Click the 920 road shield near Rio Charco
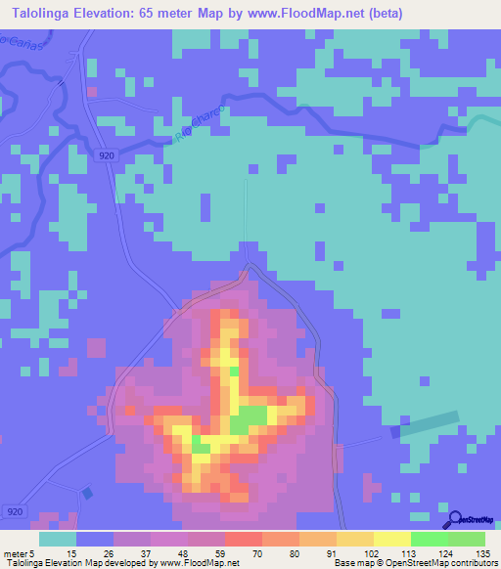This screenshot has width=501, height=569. coord(106,155)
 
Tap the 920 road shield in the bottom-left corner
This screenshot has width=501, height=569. coord(14,511)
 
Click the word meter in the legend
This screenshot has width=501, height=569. coord(14,553)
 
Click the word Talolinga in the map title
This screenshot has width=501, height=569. coord(44,14)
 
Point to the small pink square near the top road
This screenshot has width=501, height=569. coord(92,92)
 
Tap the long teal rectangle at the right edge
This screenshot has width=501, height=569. coord(426,424)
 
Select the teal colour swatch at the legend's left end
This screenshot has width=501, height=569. coord(57,539)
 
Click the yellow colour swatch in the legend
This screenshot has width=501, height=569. coord(391,539)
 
